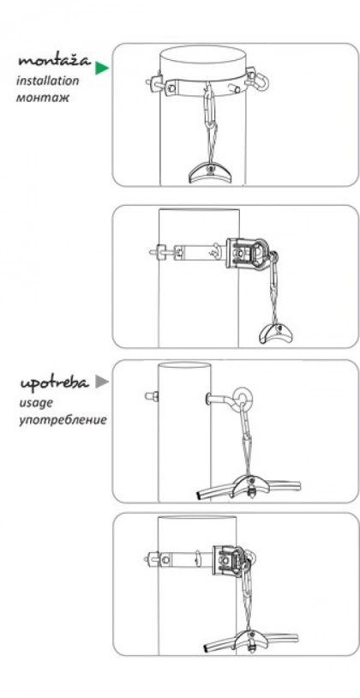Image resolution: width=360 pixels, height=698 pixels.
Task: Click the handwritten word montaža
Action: click(54, 61)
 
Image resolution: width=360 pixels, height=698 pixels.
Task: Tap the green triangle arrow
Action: click(102, 68)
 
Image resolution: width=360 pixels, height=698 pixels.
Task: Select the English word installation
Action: click(48, 81)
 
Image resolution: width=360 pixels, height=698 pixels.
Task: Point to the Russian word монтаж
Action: click(43, 98)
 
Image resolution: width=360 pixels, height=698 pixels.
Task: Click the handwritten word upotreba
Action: click(55, 383)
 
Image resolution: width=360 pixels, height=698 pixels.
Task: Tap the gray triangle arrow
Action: click(102, 382)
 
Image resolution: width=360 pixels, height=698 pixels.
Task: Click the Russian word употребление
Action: click(63, 420)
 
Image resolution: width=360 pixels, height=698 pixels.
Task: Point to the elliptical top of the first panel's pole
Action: click(203, 55)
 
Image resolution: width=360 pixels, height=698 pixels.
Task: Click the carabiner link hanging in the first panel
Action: click(210, 107)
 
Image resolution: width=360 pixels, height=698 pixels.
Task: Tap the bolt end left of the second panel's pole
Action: click(154, 252)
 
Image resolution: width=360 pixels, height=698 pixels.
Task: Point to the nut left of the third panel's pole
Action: click(153, 396)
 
